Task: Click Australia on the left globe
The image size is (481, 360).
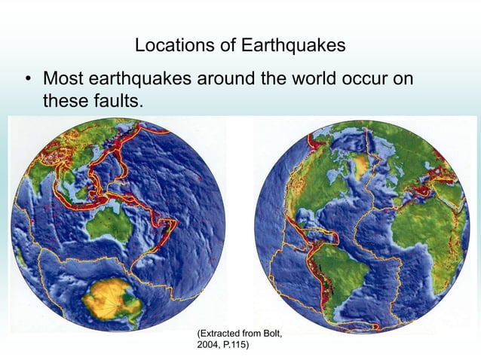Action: point(107,225)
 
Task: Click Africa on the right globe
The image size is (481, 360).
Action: point(430,226)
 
